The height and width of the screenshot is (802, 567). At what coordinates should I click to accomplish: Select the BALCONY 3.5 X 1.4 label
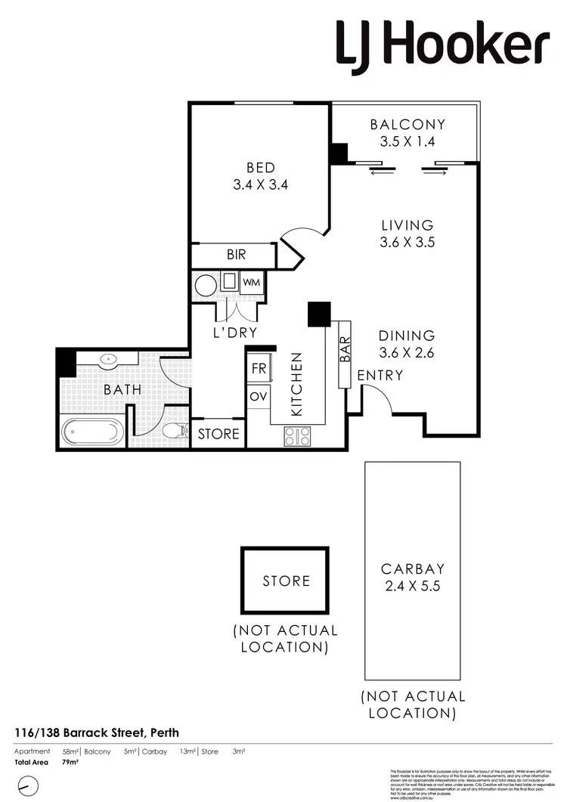[x=407, y=132]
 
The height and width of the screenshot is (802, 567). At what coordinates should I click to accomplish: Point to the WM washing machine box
[x=252, y=283]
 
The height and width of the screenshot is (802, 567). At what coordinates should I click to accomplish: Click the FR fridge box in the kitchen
[x=259, y=369]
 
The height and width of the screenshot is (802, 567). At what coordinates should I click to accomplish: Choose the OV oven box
[x=259, y=397]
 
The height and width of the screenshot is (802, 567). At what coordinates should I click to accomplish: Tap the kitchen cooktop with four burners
[x=297, y=436]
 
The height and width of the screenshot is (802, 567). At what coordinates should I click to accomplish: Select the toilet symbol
[x=175, y=432]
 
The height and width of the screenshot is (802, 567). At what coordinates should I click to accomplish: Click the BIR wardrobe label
[x=236, y=255]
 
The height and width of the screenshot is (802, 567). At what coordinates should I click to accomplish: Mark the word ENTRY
[x=380, y=375]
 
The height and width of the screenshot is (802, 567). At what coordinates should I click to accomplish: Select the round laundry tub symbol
[x=206, y=285]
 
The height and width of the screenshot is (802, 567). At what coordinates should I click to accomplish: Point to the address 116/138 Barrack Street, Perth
[x=97, y=732]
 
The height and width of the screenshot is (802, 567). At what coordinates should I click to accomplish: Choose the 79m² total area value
[x=70, y=762]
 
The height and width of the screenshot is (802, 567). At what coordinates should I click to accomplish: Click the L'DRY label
[x=234, y=332]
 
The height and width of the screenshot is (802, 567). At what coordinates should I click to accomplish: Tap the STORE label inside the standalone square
[x=287, y=581]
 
